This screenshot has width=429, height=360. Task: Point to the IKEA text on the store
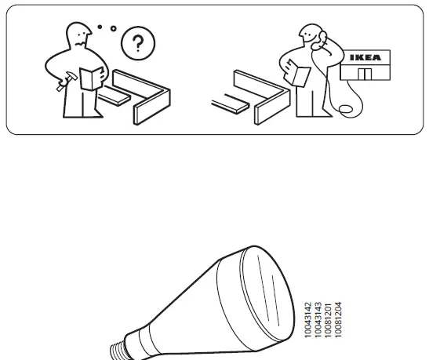367,57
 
